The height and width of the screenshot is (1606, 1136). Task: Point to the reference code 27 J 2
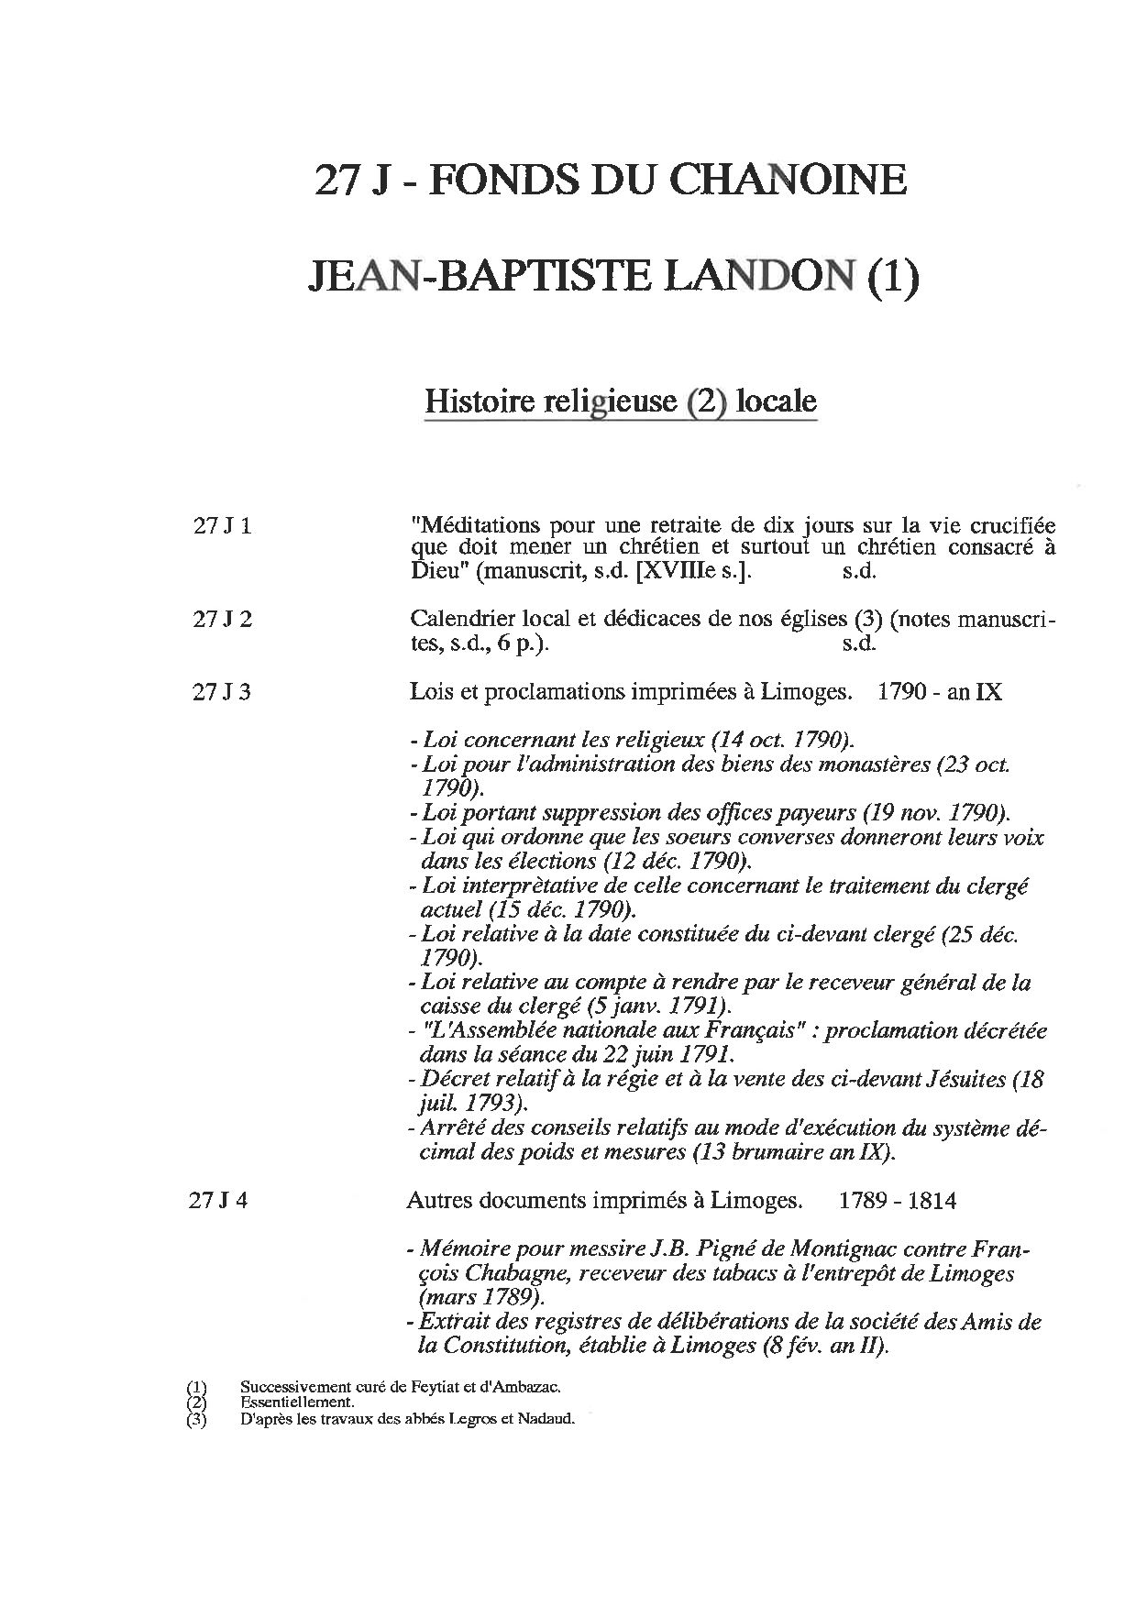click(x=222, y=619)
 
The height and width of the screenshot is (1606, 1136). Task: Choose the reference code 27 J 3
click(x=222, y=692)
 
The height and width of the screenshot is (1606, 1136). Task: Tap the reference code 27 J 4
click(x=220, y=1200)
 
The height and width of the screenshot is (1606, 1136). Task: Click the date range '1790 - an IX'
click(x=939, y=692)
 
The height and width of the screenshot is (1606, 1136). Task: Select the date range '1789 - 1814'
click(x=897, y=1200)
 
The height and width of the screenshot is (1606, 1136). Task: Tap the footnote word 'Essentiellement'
click(x=296, y=1402)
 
